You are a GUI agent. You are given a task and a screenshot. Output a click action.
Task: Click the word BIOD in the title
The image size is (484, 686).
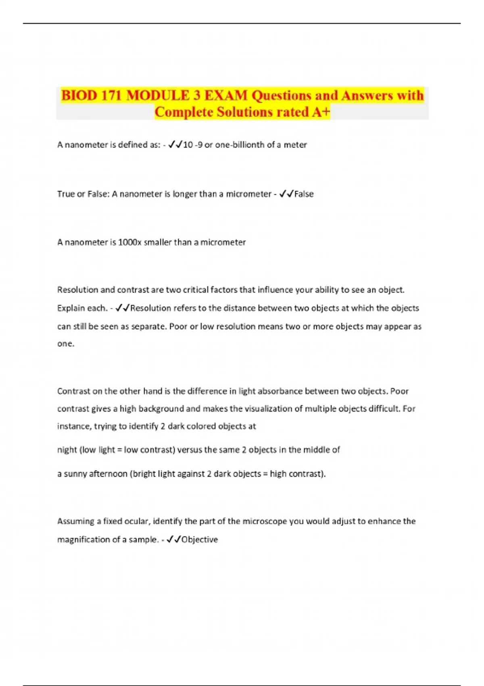(79, 96)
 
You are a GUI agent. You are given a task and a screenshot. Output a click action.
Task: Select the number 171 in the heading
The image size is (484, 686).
(112, 96)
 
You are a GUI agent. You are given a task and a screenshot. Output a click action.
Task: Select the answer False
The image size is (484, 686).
(304, 194)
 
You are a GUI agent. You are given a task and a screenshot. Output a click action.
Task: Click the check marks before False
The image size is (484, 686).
(286, 194)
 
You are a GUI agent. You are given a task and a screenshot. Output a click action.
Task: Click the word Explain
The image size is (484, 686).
(71, 308)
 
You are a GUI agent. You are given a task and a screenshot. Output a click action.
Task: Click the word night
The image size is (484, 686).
(67, 450)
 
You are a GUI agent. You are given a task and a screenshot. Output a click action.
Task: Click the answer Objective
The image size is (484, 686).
(200, 540)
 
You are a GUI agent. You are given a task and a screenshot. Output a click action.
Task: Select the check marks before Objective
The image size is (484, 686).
(173, 540)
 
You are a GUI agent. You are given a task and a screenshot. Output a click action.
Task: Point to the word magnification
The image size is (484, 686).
(82, 540)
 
